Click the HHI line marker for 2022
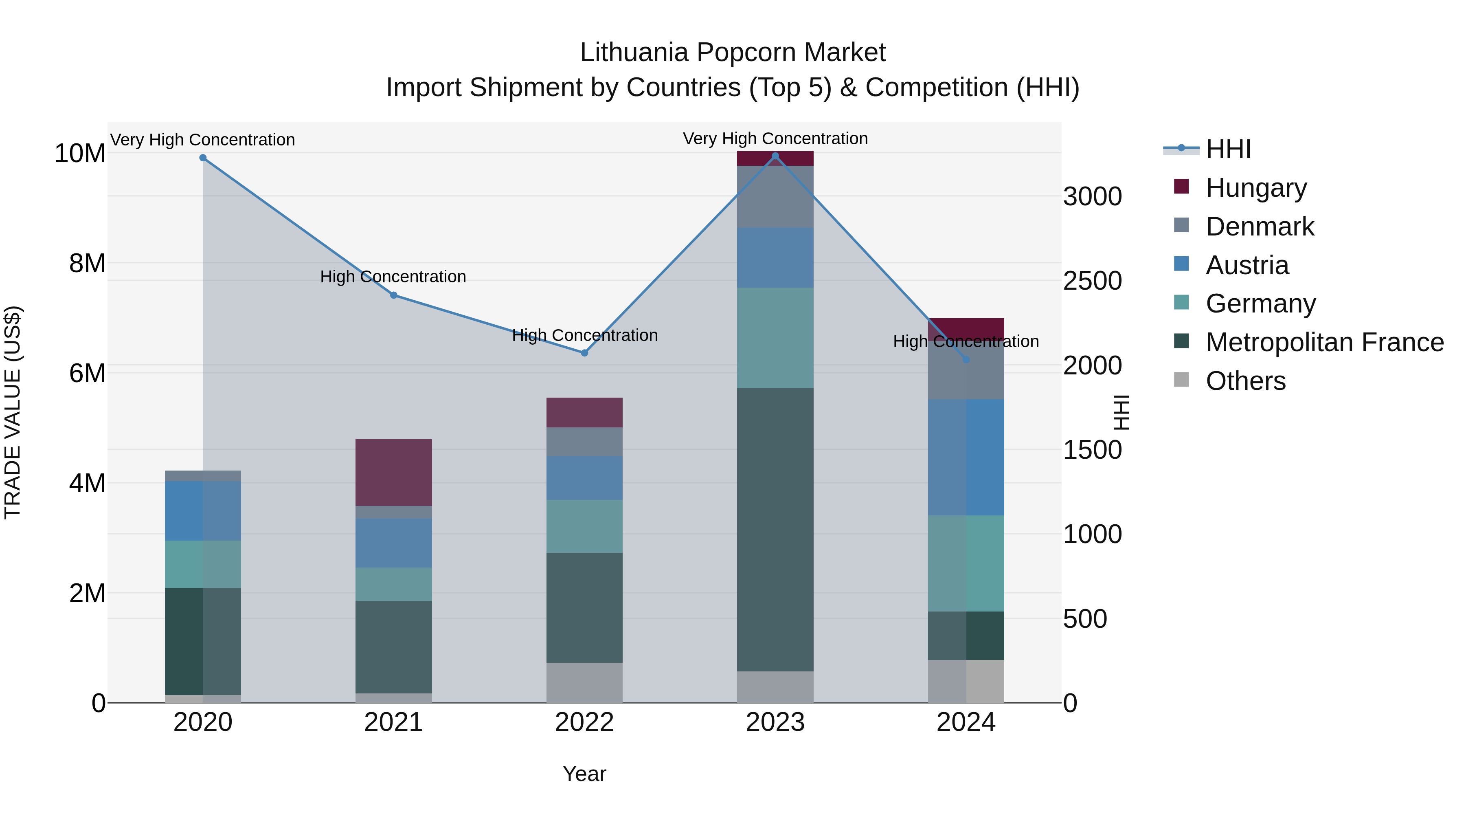coord(584,353)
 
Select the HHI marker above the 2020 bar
coord(203,158)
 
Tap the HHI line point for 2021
coord(394,295)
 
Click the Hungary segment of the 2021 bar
coord(394,472)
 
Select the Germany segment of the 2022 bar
coord(584,526)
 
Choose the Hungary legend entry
coord(1255,187)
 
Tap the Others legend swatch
coord(1181,380)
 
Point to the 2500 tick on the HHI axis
coord(1092,281)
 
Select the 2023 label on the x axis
coord(775,722)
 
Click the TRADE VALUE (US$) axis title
coord(13,412)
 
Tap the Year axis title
coord(584,774)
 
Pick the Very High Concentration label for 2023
coord(775,139)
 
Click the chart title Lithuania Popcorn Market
coord(733,53)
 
